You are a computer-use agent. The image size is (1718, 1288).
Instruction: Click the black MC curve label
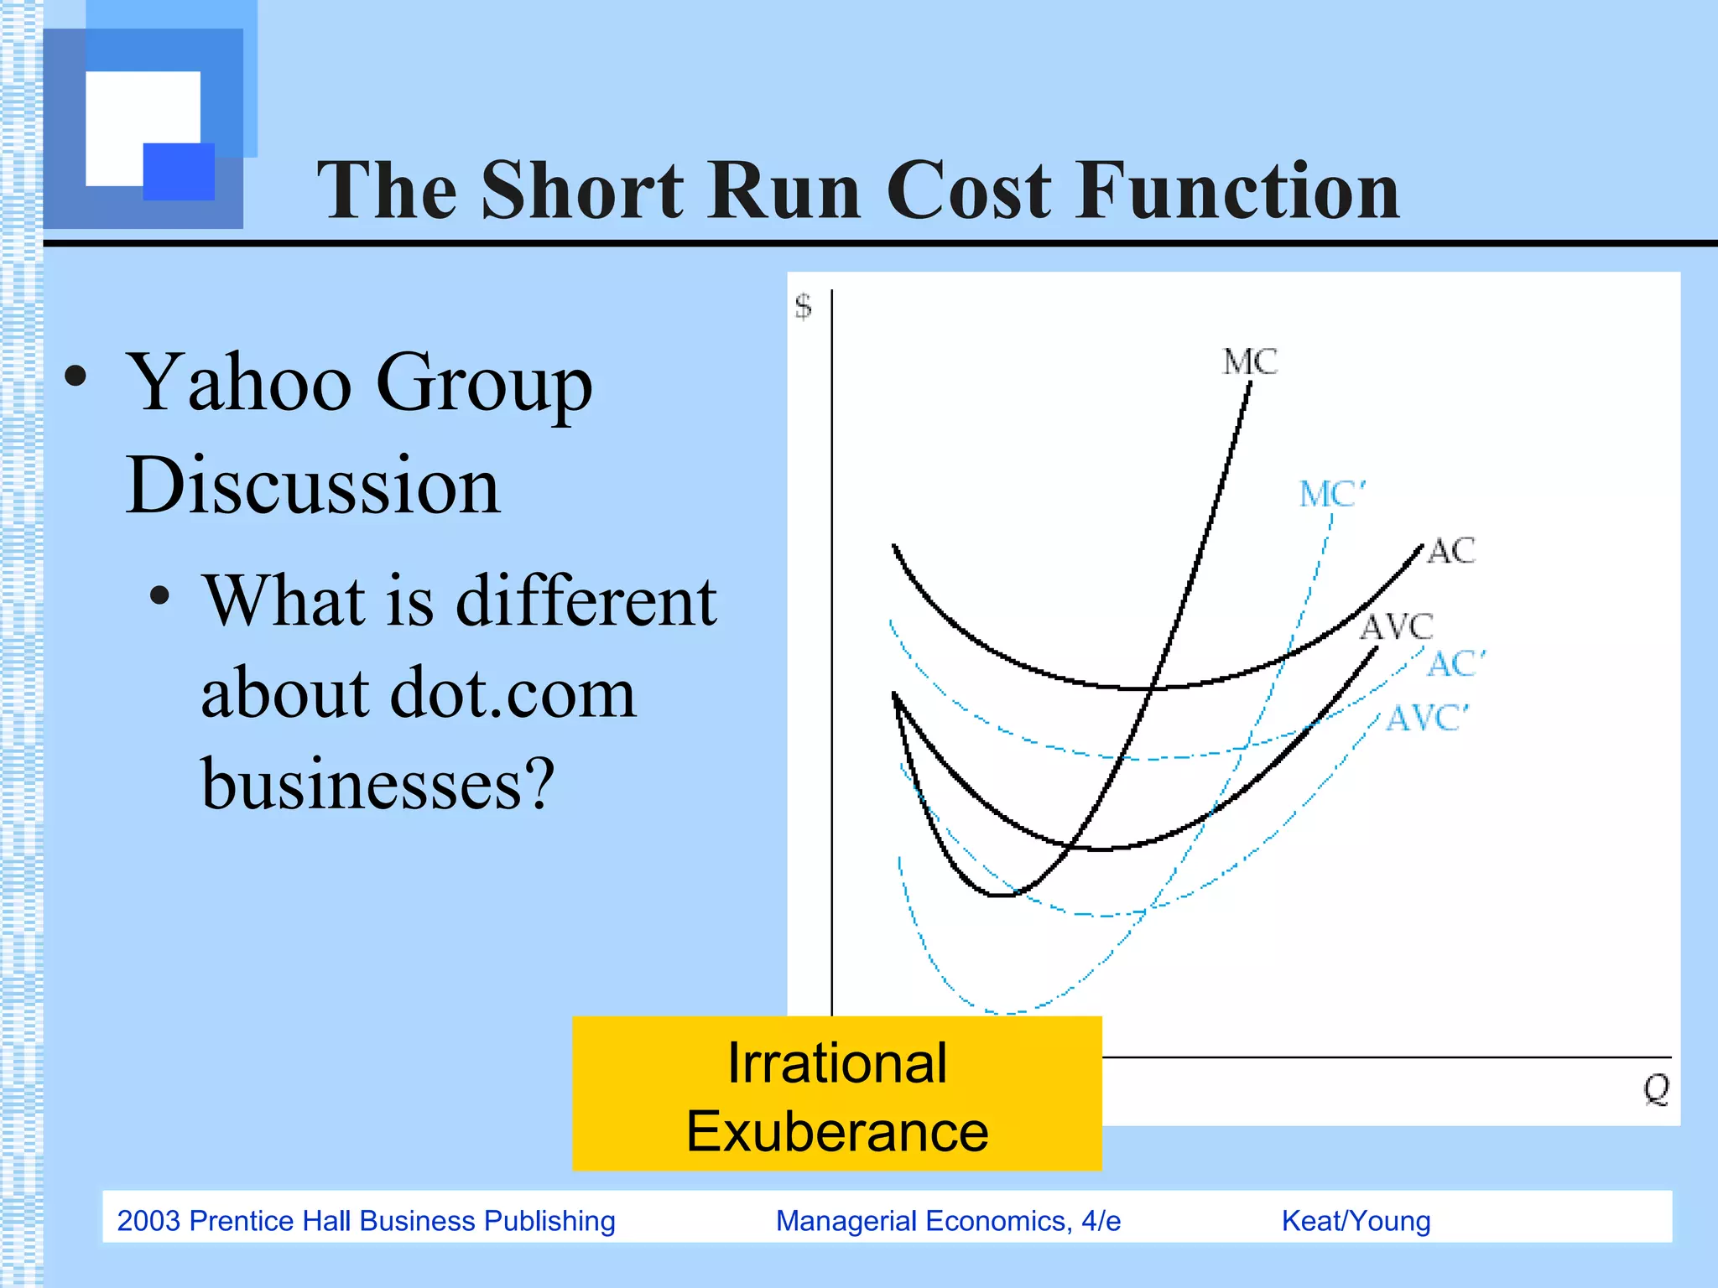pos(1249,362)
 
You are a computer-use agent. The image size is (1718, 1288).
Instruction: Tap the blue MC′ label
pos(1331,494)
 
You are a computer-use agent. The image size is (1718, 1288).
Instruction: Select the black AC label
pos(1450,551)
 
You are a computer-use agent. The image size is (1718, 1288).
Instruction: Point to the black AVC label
pos(1396,626)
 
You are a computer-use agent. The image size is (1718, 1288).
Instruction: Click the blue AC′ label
pos(1455,663)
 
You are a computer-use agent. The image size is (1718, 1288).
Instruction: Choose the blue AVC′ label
pos(1427,719)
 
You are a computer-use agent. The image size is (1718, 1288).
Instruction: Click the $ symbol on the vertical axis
pos(803,306)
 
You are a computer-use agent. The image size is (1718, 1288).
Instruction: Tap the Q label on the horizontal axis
pos(1656,1089)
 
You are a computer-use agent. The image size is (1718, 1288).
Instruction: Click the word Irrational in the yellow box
pos(836,1063)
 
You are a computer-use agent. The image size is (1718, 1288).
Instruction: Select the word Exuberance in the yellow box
pos(836,1132)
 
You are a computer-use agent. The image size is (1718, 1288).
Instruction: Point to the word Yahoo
pos(239,383)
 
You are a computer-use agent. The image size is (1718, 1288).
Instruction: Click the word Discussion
pos(313,486)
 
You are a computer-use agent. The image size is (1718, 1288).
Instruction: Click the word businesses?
pos(377,784)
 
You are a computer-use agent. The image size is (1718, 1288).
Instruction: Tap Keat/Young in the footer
pos(1356,1221)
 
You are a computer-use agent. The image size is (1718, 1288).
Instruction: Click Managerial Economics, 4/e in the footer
pos(948,1221)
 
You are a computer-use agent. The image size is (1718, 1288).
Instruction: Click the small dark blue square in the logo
pos(179,171)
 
